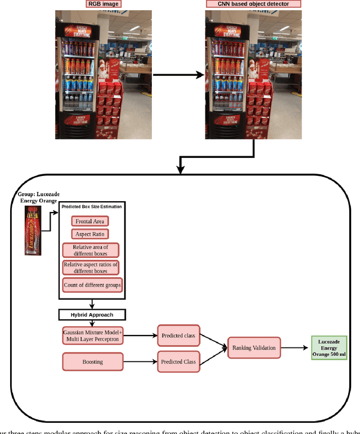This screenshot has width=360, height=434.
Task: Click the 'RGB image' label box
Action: click(x=104, y=4)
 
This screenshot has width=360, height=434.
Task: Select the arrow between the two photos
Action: click(x=178, y=74)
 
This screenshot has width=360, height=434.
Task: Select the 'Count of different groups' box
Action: click(x=92, y=284)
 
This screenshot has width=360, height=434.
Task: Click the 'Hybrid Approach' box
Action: click(x=92, y=315)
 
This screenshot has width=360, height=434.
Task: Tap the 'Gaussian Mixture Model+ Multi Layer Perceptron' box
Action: click(x=92, y=336)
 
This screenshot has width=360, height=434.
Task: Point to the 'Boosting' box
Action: click(x=92, y=361)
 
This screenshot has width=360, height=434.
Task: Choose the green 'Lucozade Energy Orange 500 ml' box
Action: click(x=331, y=348)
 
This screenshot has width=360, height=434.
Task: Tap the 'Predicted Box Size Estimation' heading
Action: click(x=92, y=206)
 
